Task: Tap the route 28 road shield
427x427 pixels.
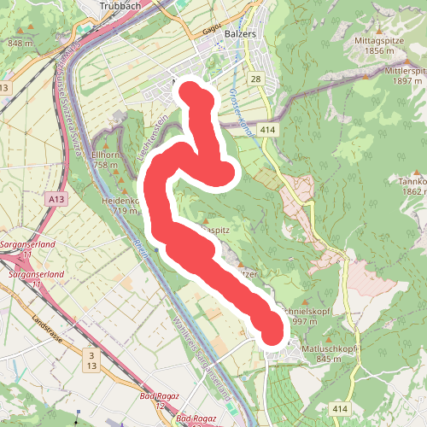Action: click(x=256, y=79)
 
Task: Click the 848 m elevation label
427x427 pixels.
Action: click(x=19, y=43)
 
